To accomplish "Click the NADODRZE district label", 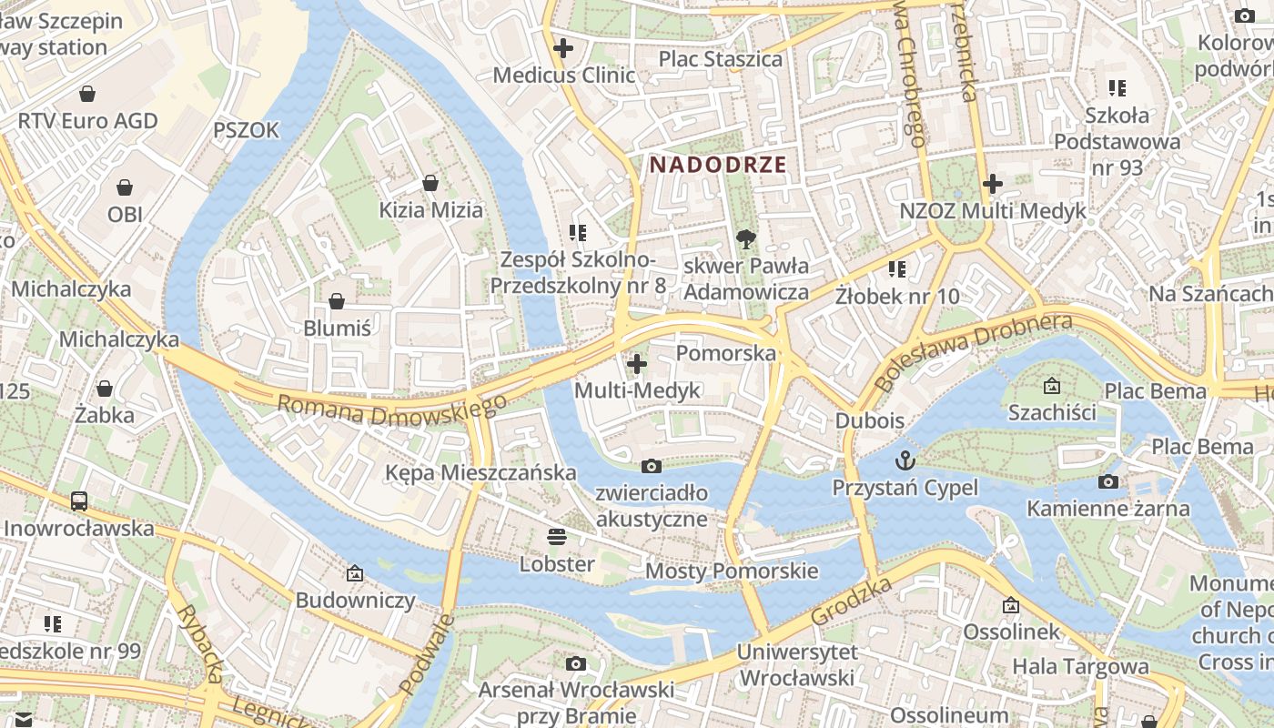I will point(718,165).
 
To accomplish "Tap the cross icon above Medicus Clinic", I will point(563,47).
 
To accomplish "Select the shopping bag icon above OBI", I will point(125,187).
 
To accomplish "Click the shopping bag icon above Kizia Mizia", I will point(430,183).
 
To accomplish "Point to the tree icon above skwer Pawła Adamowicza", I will point(746,239).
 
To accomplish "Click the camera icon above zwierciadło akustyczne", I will point(652,466).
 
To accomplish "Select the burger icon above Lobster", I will point(556,537).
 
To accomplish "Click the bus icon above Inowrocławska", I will point(79,500).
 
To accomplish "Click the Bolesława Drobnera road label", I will point(972,351).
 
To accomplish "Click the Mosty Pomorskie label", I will point(732,571).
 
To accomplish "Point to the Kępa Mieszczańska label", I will point(480,472).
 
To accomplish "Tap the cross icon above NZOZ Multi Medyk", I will point(992,184).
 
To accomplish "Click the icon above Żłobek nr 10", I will point(897,269).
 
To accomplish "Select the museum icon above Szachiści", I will point(1052,386).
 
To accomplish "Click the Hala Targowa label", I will point(1080,667).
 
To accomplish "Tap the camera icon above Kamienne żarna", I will point(1107,481).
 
